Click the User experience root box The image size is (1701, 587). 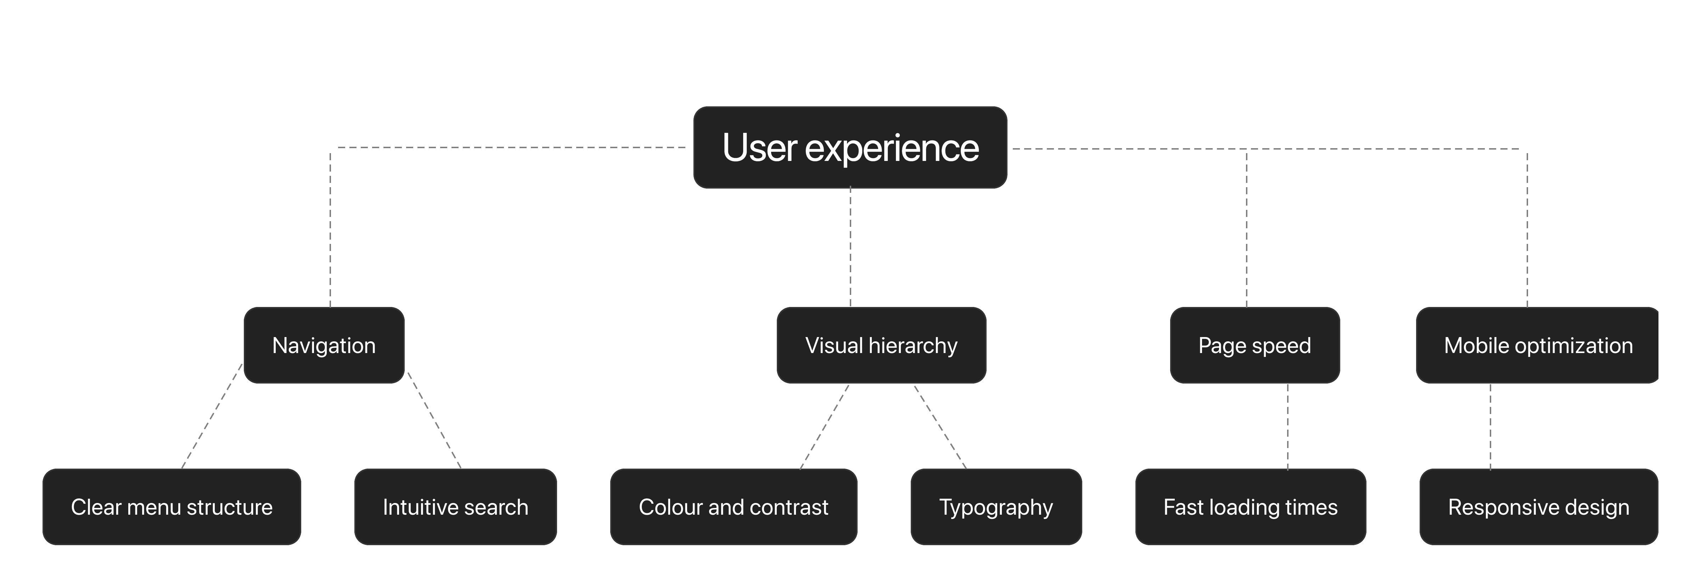[x=850, y=147]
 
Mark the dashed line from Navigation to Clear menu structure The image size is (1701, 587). [x=212, y=417]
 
